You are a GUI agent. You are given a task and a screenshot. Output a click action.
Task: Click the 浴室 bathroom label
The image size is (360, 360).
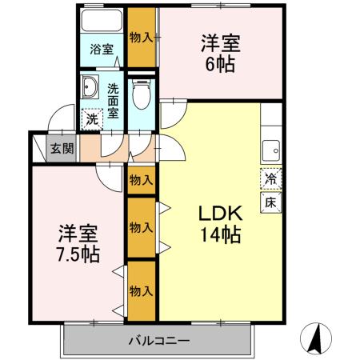point(101,50)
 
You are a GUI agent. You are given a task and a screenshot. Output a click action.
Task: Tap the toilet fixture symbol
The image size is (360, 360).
point(142,95)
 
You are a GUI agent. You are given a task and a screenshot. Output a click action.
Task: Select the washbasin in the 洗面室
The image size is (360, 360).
point(89,87)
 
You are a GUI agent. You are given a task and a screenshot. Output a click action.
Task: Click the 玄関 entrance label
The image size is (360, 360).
point(61,148)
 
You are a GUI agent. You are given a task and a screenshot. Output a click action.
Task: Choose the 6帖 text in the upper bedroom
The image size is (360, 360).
point(221,65)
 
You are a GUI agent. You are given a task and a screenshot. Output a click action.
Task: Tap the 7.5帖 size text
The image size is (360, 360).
point(78,255)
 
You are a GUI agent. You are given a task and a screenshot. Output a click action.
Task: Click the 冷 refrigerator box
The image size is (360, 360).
point(270,179)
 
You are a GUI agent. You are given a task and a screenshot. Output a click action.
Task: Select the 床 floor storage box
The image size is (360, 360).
point(270,202)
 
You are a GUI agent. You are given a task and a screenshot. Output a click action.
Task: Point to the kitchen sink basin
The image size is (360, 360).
point(271,149)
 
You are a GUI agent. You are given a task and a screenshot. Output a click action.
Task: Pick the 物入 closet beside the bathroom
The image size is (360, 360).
point(142,35)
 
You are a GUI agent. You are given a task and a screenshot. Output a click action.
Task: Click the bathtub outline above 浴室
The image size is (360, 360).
point(102,22)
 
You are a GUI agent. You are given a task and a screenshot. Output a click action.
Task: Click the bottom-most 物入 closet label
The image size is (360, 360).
point(141,290)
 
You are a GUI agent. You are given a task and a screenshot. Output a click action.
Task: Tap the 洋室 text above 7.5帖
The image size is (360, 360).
point(78,234)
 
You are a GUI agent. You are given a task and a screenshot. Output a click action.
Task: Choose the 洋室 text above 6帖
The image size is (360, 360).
point(221,42)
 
